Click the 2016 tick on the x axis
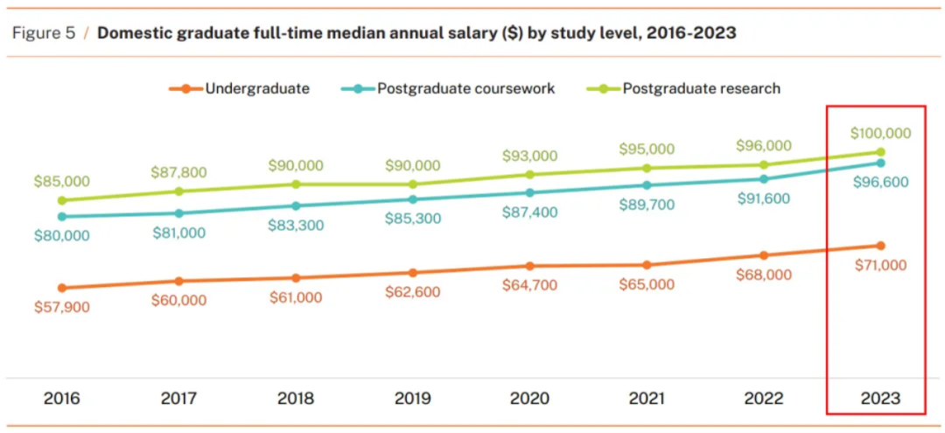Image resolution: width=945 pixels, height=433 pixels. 61,399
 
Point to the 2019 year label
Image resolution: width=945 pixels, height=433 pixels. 412,399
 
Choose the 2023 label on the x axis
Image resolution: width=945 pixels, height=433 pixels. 880,399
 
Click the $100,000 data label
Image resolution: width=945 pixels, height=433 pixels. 880,133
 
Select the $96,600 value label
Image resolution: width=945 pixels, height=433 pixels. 880,182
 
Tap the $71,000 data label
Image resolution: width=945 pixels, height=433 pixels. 880,265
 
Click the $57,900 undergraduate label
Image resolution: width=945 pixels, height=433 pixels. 61,307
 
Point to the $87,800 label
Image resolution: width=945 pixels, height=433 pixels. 178,172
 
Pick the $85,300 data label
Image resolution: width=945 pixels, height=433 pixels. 413,219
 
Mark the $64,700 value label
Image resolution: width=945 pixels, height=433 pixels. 529,285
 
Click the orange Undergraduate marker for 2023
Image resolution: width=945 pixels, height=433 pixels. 880,246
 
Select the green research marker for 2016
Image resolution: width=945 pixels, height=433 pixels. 61,200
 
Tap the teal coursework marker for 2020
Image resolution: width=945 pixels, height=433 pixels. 529,192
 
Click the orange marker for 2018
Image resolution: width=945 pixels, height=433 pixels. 296,278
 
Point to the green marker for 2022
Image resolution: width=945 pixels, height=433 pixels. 764,164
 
